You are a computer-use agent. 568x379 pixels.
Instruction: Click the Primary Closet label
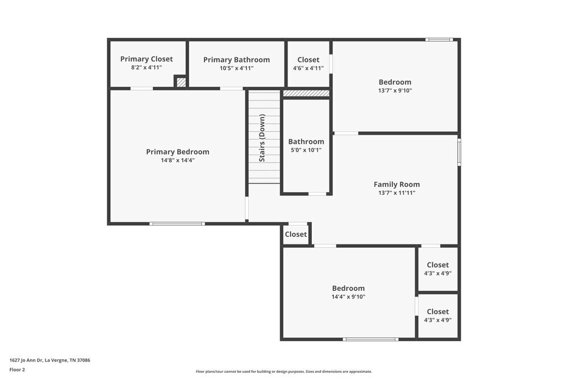(x=147, y=59)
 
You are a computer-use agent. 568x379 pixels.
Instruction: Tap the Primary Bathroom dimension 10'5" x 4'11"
(x=236, y=68)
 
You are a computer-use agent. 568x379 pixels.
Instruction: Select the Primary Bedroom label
(x=177, y=152)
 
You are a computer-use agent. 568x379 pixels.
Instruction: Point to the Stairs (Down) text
(x=262, y=138)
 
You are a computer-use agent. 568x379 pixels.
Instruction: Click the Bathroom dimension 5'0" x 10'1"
(x=306, y=151)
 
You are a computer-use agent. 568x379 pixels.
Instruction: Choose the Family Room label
(x=396, y=184)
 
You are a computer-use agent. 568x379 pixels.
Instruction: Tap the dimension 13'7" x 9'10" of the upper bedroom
(x=395, y=91)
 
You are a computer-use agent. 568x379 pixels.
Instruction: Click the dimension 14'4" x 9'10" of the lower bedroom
(x=348, y=297)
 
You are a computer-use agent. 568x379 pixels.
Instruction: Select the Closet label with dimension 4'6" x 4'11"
(x=308, y=60)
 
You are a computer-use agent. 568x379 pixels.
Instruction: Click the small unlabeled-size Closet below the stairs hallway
(x=295, y=234)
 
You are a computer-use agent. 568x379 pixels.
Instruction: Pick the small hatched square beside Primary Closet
(x=181, y=82)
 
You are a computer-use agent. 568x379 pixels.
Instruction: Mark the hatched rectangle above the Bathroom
(x=306, y=93)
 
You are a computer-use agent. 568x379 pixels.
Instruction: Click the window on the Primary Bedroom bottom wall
(x=177, y=223)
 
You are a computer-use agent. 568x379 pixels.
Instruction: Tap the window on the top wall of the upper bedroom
(x=439, y=40)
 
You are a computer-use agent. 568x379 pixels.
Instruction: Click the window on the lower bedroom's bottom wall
(x=370, y=339)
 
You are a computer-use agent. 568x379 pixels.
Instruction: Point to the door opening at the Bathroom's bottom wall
(x=318, y=194)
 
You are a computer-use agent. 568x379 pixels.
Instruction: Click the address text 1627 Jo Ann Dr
(x=50, y=360)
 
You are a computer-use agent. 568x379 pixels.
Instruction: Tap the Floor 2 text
(x=17, y=369)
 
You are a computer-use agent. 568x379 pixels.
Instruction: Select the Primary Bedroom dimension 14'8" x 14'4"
(x=177, y=160)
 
